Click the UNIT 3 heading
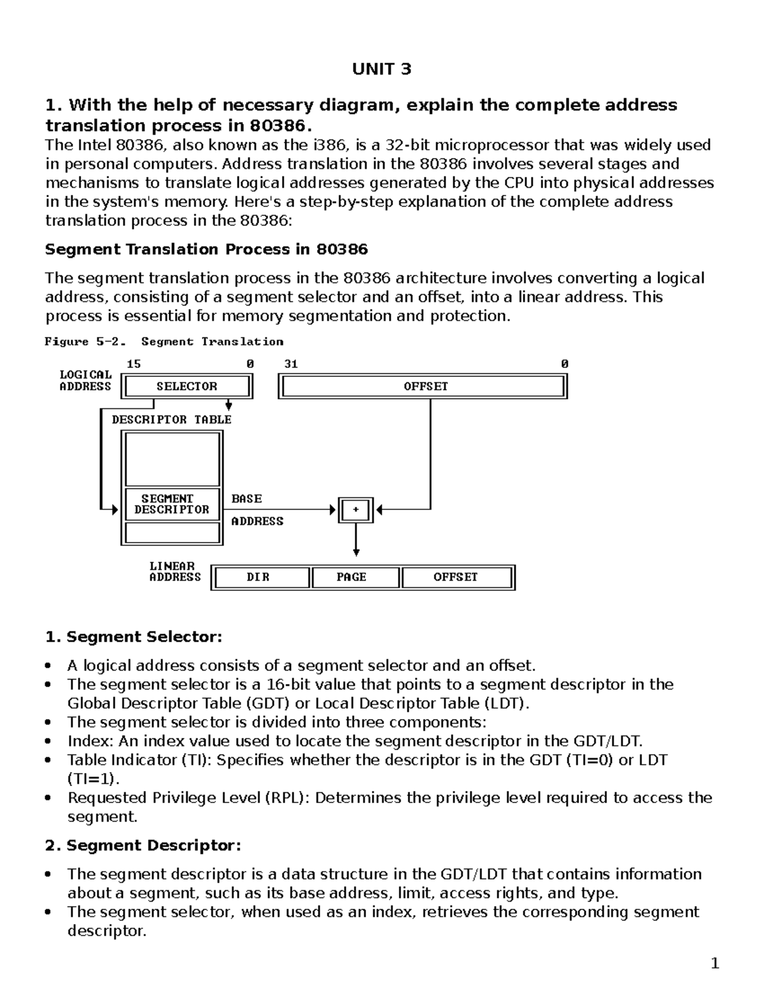[x=382, y=69]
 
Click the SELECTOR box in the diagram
[x=187, y=387]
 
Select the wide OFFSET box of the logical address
[x=423, y=387]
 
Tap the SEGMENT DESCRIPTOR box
[x=171, y=504]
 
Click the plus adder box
[x=355, y=509]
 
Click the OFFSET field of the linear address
[x=456, y=577]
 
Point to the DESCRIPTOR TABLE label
[x=171, y=420]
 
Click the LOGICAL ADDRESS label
[x=85, y=381]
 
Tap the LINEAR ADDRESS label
[x=174, y=572]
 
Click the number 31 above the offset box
[x=291, y=364]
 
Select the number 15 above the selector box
[x=134, y=364]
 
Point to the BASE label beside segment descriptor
[x=246, y=499]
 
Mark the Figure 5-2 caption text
[x=164, y=342]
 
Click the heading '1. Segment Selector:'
[x=134, y=637]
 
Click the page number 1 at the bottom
[x=714, y=964]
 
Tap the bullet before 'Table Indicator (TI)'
[x=48, y=760]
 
